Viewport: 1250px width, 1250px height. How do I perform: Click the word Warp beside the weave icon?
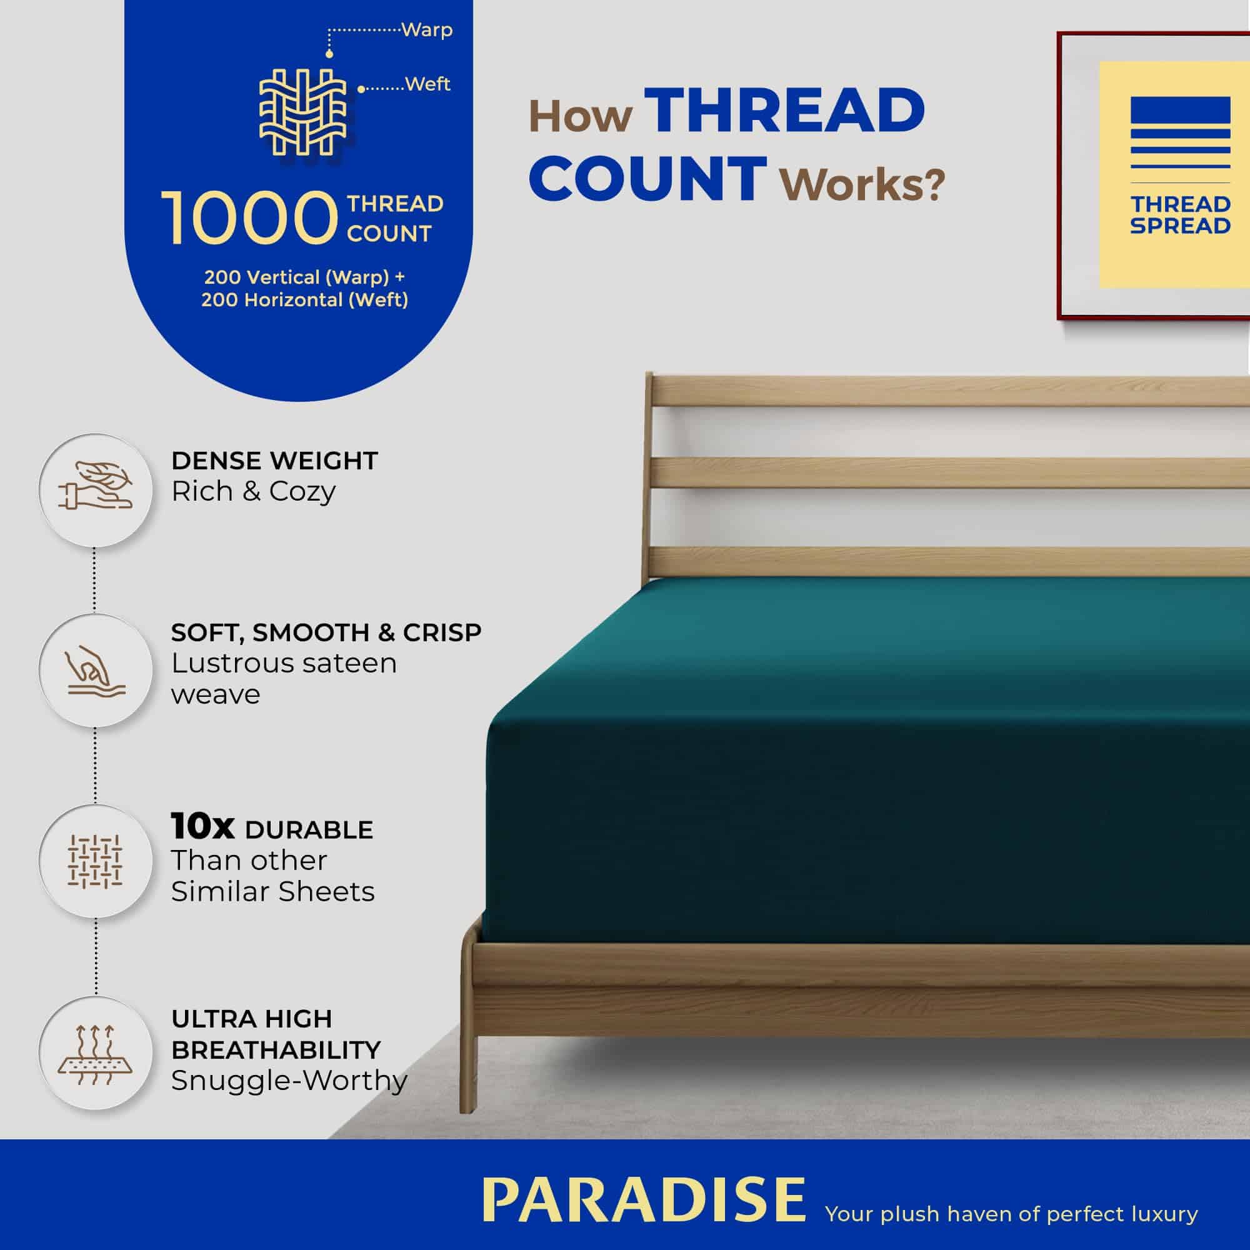coord(427,30)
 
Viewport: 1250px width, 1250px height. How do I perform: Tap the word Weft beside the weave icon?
coord(427,84)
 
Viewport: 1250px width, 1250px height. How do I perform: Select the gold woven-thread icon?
coord(302,112)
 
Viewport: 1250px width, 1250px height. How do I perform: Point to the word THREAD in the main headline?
coord(784,111)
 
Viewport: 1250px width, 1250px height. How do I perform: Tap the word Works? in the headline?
coord(862,184)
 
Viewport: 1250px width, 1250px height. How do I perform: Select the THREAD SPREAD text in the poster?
coord(1180,215)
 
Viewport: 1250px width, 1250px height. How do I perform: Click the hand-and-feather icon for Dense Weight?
coord(96,489)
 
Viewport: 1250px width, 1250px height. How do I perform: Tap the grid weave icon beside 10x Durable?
coord(96,861)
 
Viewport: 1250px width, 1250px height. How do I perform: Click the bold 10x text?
coord(202,826)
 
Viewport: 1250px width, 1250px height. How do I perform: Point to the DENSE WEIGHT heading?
coord(274,461)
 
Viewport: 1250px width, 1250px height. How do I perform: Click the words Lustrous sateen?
coord(284,663)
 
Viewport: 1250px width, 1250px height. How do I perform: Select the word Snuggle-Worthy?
coord(289,1080)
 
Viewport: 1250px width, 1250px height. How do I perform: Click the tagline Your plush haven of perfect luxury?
coord(1011,1213)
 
